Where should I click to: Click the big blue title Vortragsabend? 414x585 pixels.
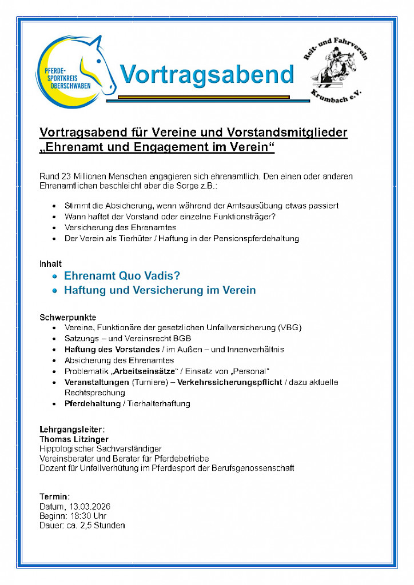[206, 74]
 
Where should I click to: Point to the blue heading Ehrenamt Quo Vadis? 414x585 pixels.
[122, 276]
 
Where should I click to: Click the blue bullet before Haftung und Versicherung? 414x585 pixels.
[55, 290]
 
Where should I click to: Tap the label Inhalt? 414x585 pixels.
[50, 264]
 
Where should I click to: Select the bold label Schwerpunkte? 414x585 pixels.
[67, 317]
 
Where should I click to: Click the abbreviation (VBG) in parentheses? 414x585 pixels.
[289, 328]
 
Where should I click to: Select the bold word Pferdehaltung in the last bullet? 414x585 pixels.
[92, 404]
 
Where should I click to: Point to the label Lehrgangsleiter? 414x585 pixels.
[72, 429]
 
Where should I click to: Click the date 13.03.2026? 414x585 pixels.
[90, 507]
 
